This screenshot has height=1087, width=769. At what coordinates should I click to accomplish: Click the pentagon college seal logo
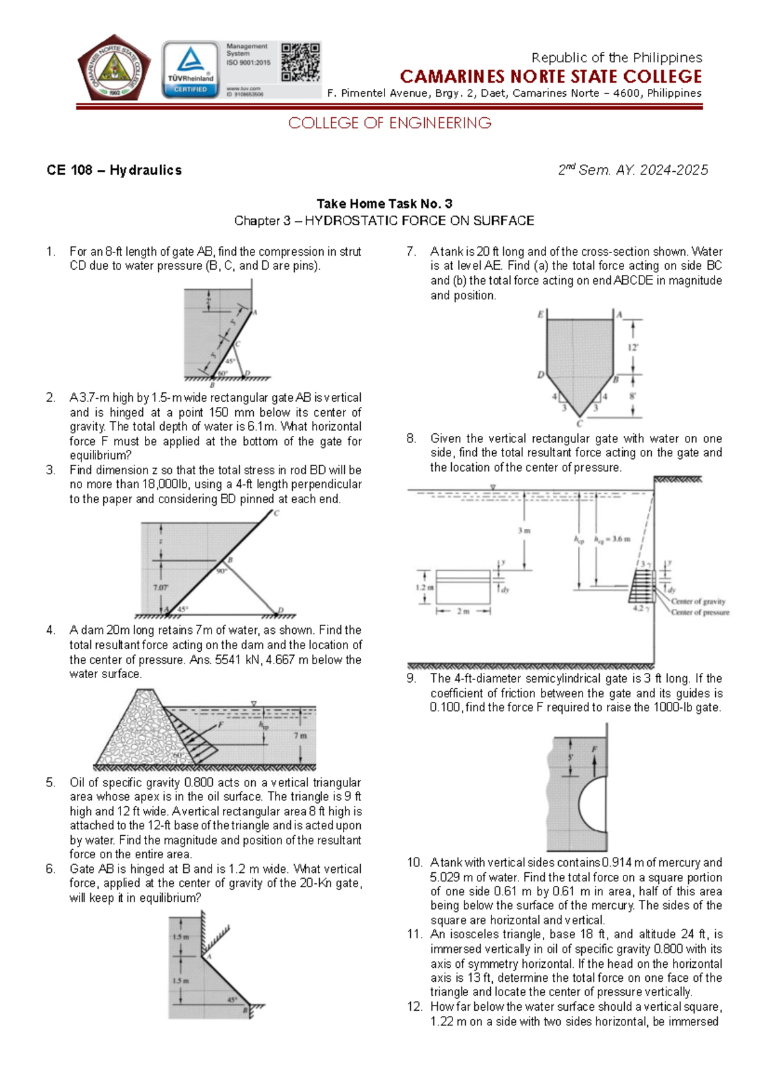(114, 68)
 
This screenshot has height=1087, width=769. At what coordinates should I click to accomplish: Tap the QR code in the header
(301, 62)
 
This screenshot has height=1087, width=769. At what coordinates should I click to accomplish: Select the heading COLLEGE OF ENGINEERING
(390, 123)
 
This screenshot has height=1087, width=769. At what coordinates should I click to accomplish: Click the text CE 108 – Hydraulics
(114, 170)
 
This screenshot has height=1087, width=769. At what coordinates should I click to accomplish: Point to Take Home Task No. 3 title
(384, 204)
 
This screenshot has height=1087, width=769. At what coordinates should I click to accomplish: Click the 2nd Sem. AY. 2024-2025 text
(633, 170)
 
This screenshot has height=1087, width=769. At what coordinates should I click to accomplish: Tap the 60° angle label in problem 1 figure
(223, 373)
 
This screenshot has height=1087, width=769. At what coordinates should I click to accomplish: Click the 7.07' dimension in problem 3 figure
(160, 587)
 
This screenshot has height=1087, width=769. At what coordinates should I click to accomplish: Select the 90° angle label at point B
(221, 571)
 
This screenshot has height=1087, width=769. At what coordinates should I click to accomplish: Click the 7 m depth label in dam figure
(300, 735)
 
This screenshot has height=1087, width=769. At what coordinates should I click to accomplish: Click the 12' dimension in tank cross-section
(633, 347)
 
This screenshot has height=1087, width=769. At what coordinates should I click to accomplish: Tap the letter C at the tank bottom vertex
(579, 424)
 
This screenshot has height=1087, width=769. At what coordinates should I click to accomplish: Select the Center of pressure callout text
(700, 612)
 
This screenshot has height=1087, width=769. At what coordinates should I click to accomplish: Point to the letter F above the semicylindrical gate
(594, 749)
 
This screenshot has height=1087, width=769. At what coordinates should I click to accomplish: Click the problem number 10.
(414, 863)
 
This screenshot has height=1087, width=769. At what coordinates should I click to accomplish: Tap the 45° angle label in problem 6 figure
(232, 999)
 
